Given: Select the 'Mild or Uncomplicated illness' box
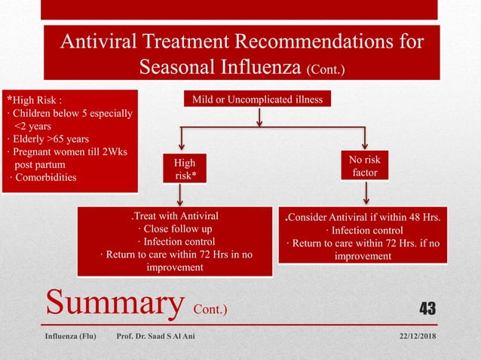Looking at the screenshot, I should (x=258, y=98).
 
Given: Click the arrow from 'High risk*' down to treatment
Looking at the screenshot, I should (x=180, y=196).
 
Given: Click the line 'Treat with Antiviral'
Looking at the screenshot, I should (x=174, y=216).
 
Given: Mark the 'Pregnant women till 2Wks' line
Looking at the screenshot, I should (x=58, y=151).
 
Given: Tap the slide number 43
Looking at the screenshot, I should (x=427, y=308).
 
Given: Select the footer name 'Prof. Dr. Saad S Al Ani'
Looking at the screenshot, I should (x=155, y=336).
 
